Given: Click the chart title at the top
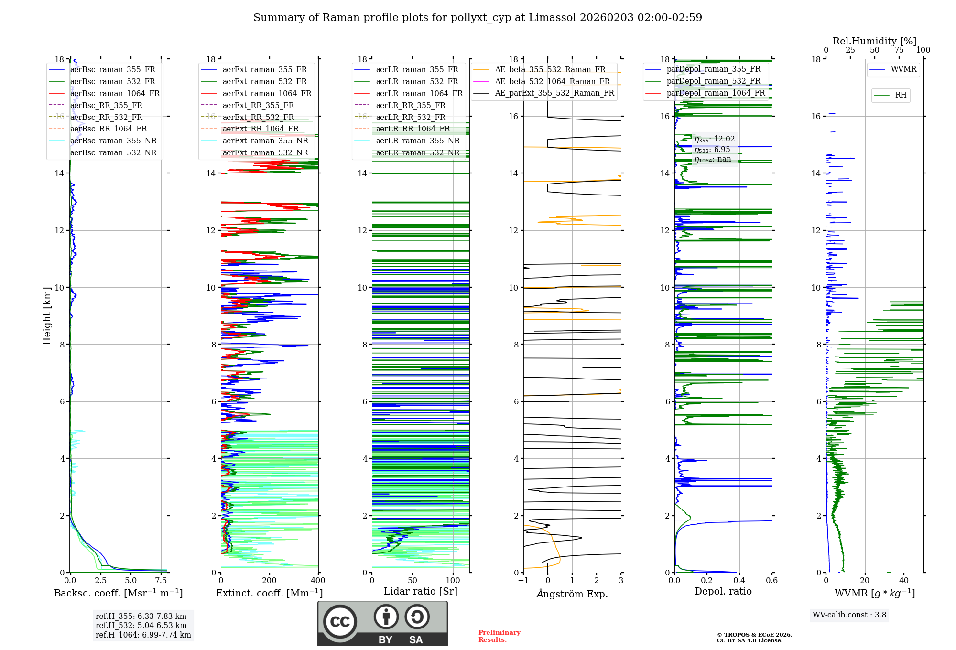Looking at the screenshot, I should click(x=478, y=18).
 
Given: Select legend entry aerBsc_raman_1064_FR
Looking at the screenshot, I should click(x=115, y=93).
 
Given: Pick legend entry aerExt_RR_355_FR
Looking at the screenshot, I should click(x=258, y=105).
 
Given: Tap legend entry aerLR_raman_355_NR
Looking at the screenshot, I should click(x=417, y=141).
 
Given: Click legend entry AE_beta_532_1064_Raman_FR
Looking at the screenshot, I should click(x=552, y=81).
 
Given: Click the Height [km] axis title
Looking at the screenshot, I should click(x=47, y=315).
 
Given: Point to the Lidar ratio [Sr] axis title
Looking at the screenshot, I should click(x=421, y=591).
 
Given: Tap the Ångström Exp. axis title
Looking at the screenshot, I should click(x=572, y=594).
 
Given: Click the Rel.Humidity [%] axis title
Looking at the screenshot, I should click(x=874, y=41).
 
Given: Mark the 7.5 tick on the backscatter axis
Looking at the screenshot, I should click(x=161, y=580).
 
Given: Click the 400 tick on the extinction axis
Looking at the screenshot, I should click(x=318, y=580).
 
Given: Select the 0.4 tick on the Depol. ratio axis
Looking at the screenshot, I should click(x=739, y=580).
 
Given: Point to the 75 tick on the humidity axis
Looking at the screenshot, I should click(x=899, y=50).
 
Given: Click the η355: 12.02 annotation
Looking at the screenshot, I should click(x=715, y=139).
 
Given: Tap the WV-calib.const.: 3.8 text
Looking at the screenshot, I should click(x=849, y=615).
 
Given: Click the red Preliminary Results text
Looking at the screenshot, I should click(x=499, y=636).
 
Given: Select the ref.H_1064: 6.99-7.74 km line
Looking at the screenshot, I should click(x=143, y=635).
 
